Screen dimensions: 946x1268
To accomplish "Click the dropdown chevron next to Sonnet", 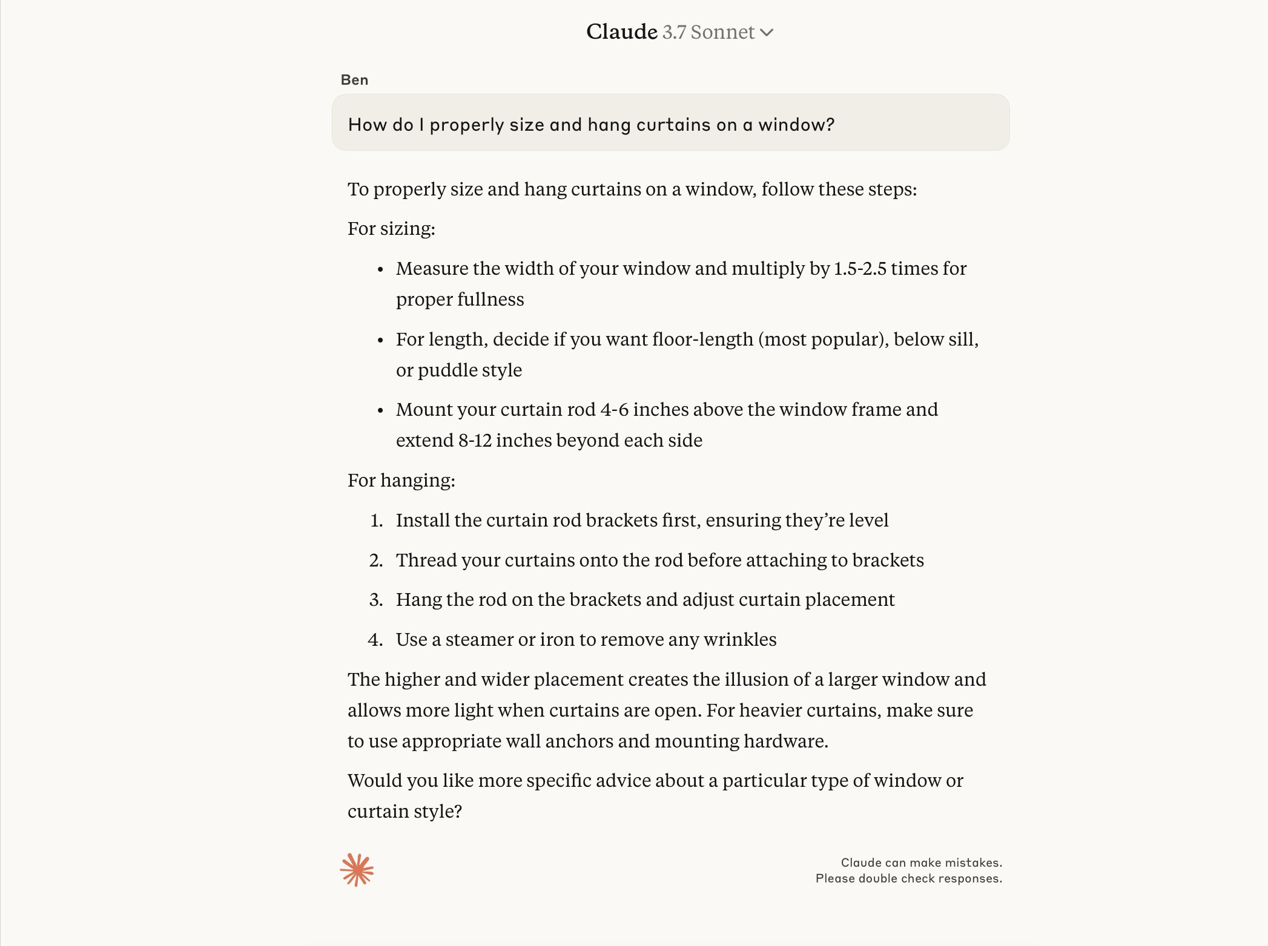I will (x=767, y=33).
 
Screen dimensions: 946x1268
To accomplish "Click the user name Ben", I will (x=354, y=80).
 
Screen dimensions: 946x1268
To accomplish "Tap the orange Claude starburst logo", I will (x=357, y=870).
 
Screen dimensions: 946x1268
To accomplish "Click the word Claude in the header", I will (x=621, y=32).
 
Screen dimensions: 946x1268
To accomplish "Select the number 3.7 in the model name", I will (x=674, y=32).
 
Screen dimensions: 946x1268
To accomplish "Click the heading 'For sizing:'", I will (x=391, y=229).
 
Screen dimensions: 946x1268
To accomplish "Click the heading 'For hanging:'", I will (x=401, y=481).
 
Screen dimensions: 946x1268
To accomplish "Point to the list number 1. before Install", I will (x=377, y=521).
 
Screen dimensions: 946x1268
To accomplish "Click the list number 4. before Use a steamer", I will (x=375, y=640).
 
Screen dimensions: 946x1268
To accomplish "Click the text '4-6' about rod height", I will (x=614, y=410).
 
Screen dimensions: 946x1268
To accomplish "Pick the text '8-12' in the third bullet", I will (x=474, y=441).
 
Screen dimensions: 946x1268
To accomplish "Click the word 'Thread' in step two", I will (x=426, y=560).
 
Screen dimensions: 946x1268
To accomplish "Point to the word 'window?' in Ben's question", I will (x=796, y=125).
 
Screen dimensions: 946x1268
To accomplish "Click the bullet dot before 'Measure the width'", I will (x=380, y=269).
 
